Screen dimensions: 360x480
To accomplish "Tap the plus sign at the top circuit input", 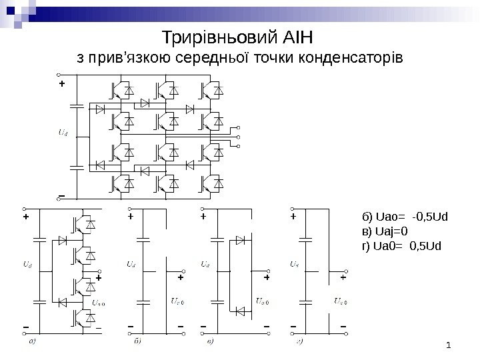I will [62, 85].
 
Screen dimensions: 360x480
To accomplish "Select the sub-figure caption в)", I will [211, 344].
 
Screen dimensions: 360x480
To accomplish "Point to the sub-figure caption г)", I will [300, 344].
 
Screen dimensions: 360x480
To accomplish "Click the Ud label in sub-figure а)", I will [27, 265].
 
